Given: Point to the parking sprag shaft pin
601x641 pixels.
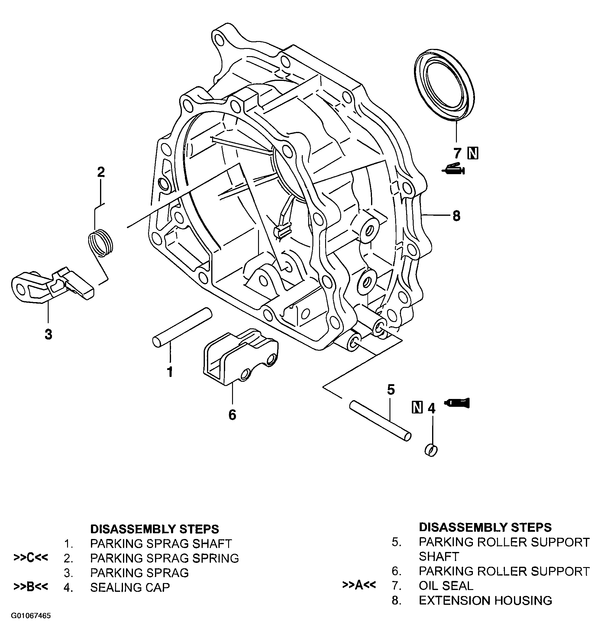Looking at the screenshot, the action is (x=182, y=328).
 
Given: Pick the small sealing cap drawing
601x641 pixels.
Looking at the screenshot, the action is (x=431, y=450).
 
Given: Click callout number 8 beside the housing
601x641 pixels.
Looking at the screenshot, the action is (x=456, y=216).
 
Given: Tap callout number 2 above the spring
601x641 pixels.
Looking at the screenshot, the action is (x=101, y=172).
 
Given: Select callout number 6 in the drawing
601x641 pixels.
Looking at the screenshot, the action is (x=232, y=415).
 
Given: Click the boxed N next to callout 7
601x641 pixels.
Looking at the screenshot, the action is (x=473, y=153).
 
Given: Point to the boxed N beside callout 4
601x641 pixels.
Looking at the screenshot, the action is (x=417, y=407).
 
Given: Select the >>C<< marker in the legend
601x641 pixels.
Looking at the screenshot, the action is (x=31, y=557).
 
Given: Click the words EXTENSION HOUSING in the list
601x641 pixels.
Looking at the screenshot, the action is (x=486, y=600).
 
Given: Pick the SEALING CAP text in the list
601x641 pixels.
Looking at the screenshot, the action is (x=130, y=587).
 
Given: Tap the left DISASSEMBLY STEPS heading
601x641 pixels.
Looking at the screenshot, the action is (x=155, y=529).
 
